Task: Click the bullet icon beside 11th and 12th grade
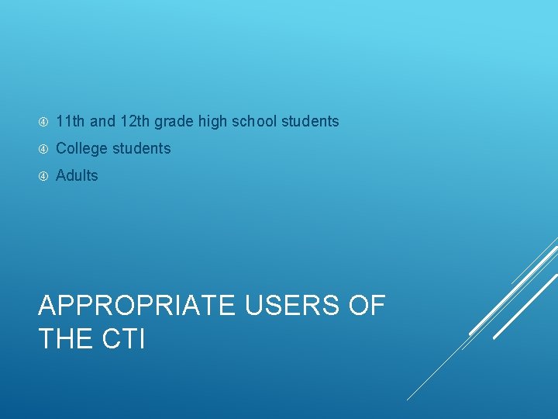[43, 122]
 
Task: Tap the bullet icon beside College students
[43, 149]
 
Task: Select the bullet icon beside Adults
[43, 176]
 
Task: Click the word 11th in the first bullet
[71, 121]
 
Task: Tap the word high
[212, 122]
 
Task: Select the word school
[254, 121]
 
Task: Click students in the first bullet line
[310, 121]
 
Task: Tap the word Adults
[77, 175]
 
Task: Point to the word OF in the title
[367, 306]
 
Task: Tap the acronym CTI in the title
[124, 339]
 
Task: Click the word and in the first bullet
[102, 121]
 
